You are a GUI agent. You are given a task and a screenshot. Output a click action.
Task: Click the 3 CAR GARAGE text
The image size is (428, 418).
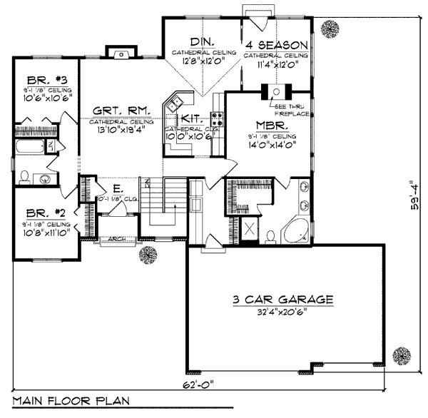284,300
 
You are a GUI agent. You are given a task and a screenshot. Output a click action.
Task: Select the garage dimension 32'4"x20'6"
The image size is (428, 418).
284,312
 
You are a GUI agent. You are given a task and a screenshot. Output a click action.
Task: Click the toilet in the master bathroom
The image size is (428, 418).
271,235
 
